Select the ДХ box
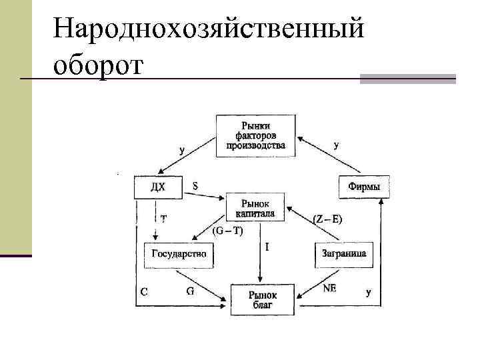point(158,187)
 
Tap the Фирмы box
point(364,187)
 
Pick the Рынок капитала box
point(256,207)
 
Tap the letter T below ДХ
point(164,218)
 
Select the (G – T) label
point(228,231)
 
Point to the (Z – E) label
point(327,219)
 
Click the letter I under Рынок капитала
point(267,247)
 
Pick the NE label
point(329,288)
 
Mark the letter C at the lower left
point(143,291)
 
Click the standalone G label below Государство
point(189,291)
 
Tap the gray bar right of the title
point(407,78)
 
